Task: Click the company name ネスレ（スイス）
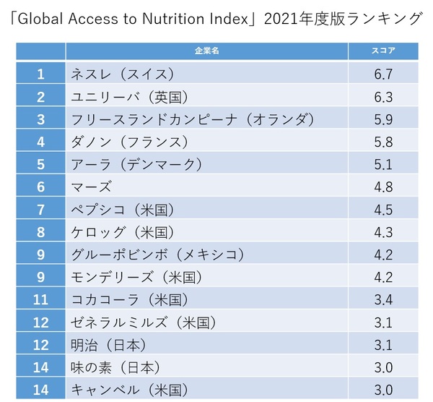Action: [123, 73]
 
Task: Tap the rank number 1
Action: [40, 73]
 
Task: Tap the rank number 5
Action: [40, 164]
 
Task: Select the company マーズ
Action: [92, 187]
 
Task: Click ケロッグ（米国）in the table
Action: [123, 232]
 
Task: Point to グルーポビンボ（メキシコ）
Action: [157, 255]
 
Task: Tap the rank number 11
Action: [40, 299]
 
